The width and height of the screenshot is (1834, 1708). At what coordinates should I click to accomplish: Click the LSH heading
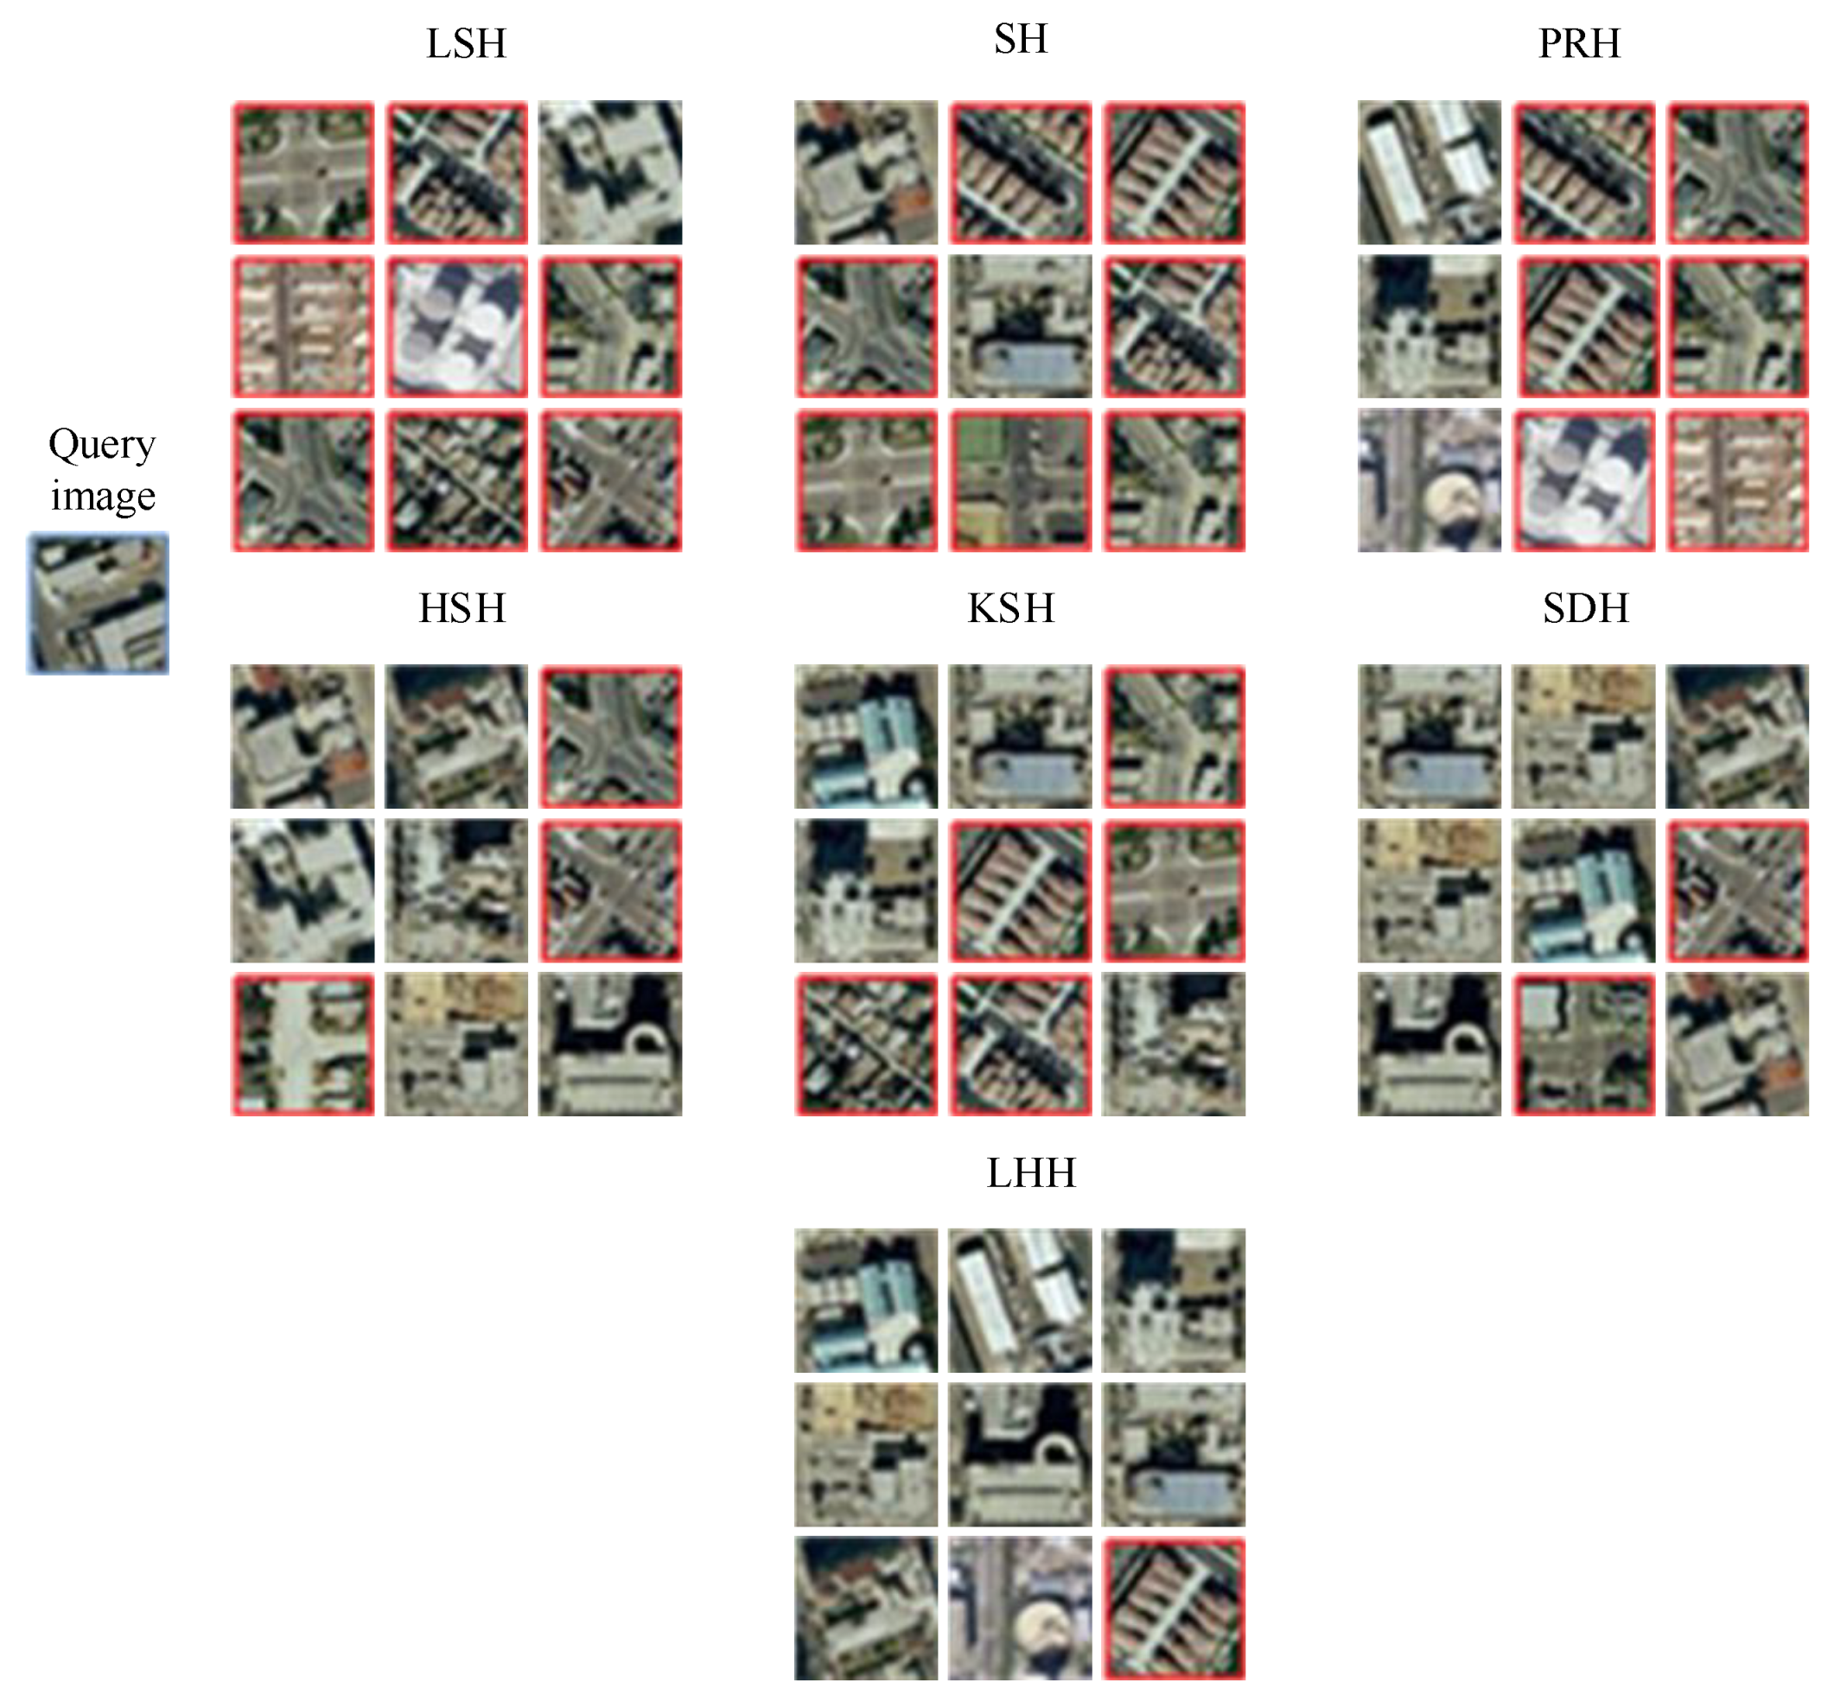coord(466,43)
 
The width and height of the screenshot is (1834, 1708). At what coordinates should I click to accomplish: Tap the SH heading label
coord(1021,39)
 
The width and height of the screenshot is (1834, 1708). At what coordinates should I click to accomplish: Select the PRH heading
coord(1578,43)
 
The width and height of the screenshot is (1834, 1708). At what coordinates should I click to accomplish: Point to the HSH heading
coord(462,607)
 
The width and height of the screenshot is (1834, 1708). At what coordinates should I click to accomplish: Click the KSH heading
coord(1010,607)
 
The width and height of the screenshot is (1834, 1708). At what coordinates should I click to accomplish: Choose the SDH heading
coord(1585,607)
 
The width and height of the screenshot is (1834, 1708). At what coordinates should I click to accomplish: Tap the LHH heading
coord(1030,1172)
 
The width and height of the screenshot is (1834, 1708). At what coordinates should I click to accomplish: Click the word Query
coord(101,445)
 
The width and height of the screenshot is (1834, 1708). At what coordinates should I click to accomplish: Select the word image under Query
coord(102,495)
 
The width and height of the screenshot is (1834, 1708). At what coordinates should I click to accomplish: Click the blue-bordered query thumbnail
coord(98,603)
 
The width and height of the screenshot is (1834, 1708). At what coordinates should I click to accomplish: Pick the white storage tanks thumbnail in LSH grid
coord(456,327)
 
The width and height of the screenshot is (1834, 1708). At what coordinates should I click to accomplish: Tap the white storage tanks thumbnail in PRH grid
coord(1584,480)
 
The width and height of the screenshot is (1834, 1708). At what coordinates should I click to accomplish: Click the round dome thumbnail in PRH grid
coord(1429,480)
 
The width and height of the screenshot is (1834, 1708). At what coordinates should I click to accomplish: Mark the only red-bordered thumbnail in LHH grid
coord(1174,1608)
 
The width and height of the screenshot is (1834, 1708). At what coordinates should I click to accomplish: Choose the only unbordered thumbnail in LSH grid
coord(610,173)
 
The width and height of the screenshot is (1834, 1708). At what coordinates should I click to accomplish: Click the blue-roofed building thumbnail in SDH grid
coord(1584,890)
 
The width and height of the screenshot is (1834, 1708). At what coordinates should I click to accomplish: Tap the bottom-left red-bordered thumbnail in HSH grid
coord(302,1044)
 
